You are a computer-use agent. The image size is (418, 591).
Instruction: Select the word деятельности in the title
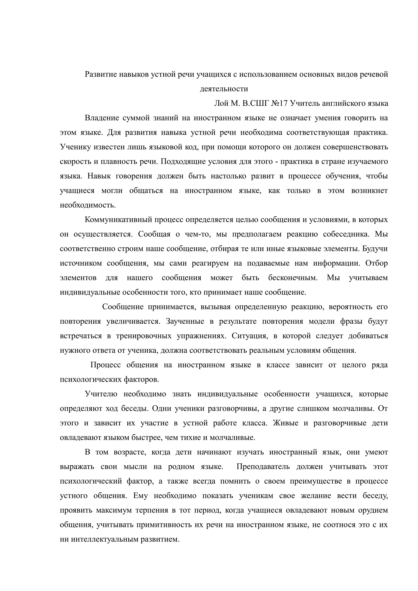tap(224, 89)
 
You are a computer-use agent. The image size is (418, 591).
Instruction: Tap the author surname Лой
tap(221, 103)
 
